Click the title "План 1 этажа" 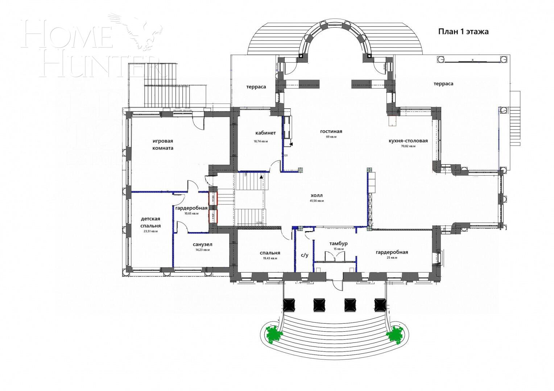(463, 32)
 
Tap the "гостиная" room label (331, 131)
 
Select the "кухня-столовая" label (408, 141)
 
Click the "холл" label (316, 195)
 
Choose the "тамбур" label (338, 243)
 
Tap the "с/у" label (305, 255)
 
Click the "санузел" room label (202, 244)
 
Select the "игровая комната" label (163, 144)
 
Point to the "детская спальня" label (150, 222)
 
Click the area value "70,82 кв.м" (408, 147)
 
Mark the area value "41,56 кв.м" (317, 201)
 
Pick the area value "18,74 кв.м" (260, 142)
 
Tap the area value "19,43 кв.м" (270, 258)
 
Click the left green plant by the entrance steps (274, 334)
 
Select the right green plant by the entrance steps (395, 334)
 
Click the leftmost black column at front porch (289, 304)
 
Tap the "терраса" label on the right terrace (443, 84)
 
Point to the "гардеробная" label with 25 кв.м (392, 252)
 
